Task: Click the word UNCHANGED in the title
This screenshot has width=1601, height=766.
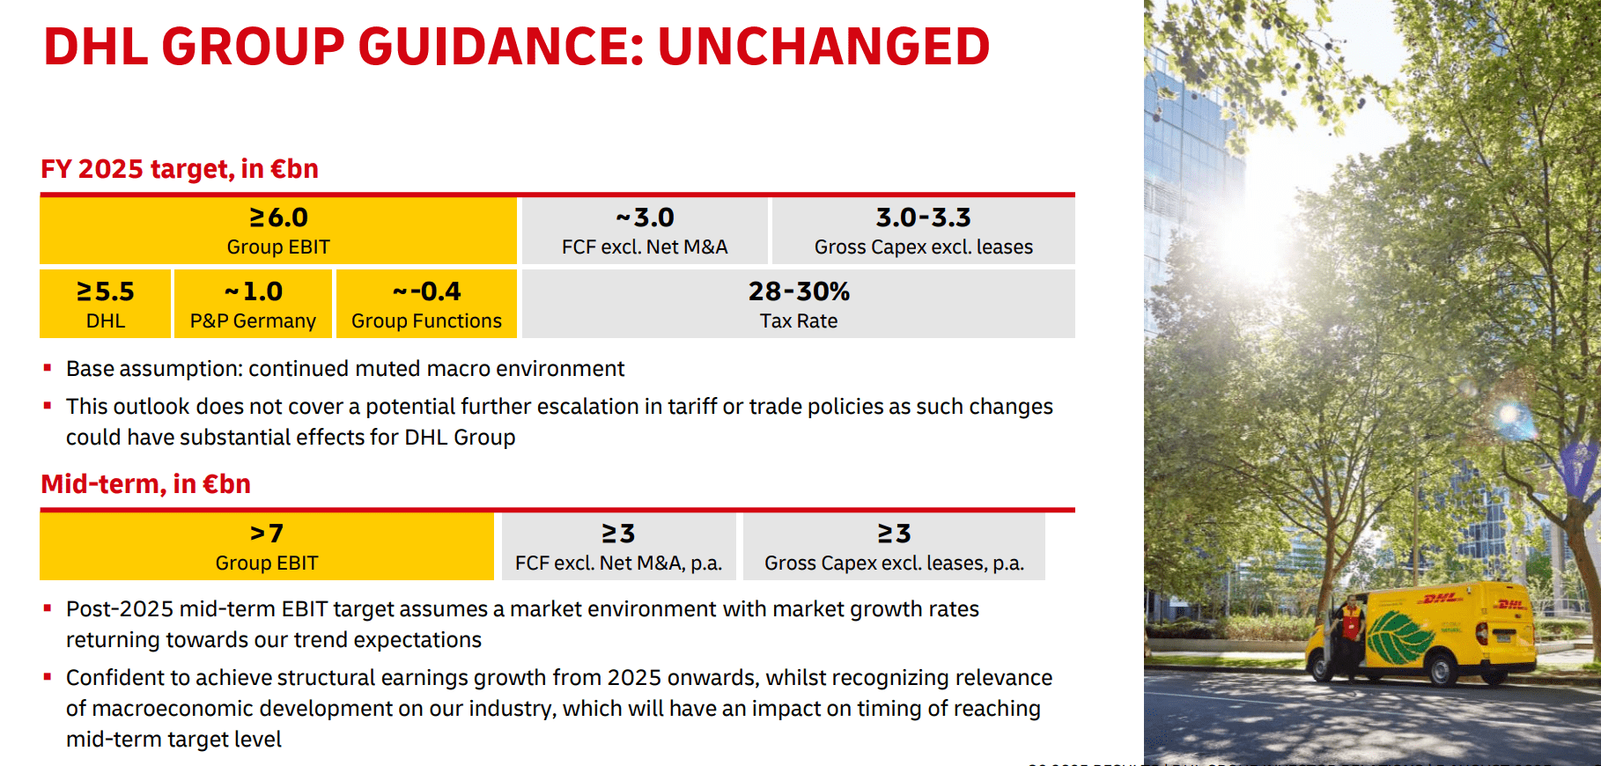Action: click(x=823, y=47)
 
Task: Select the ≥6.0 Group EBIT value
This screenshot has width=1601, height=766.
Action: click(x=278, y=217)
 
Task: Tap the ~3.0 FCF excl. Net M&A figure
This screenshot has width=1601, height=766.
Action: click(x=645, y=217)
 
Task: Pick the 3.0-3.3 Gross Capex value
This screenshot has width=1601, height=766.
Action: click(x=923, y=217)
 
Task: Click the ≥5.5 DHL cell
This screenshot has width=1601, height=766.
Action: click(x=106, y=292)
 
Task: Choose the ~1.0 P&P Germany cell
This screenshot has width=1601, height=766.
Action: click(x=253, y=292)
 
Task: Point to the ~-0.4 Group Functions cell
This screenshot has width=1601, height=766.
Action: click(x=426, y=292)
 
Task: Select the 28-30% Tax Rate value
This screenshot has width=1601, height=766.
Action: click(x=799, y=291)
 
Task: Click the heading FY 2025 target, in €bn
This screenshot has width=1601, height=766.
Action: click(x=180, y=168)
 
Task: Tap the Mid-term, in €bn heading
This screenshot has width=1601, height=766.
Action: click(x=146, y=484)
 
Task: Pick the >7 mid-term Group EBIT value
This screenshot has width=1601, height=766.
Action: click(x=267, y=534)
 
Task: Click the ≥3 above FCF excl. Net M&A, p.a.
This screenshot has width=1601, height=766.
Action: click(x=618, y=534)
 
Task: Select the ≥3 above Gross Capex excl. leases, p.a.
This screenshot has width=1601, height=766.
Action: click(x=894, y=534)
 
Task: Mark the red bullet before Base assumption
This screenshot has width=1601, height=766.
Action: click(x=48, y=368)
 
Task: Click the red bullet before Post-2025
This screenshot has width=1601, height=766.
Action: click(x=48, y=608)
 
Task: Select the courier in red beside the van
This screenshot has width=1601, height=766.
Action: click(x=1349, y=630)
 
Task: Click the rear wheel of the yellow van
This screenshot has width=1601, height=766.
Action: click(x=1442, y=672)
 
